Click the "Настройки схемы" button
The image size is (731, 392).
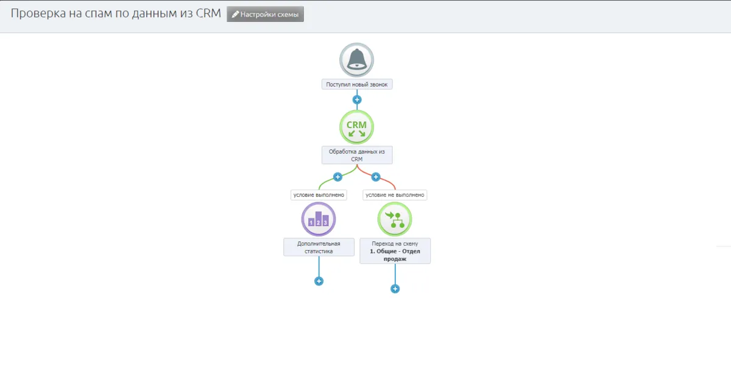[265, 15]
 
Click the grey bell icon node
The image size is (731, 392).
[356, 60]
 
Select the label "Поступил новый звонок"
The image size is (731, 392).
[357, 85]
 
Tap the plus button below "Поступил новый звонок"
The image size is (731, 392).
[357, 99]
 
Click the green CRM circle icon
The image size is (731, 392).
[356, 127]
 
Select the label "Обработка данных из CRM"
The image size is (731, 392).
[357, 155]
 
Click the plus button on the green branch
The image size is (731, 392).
[337, 177]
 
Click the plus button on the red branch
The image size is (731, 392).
[375, 177]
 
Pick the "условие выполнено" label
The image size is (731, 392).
[319, 195]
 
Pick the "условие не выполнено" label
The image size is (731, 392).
[395, 195]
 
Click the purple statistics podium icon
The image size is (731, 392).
[319, 219]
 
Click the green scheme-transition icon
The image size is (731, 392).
[395, 219]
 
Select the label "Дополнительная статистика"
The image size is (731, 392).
[319, 247]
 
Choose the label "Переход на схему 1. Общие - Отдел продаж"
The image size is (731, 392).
[395, 251]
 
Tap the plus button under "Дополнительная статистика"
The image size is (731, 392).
[319, 281]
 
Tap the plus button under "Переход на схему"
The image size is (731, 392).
[395, 288]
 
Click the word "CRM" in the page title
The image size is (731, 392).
[208, 14]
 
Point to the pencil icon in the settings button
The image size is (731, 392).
[235, 15]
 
